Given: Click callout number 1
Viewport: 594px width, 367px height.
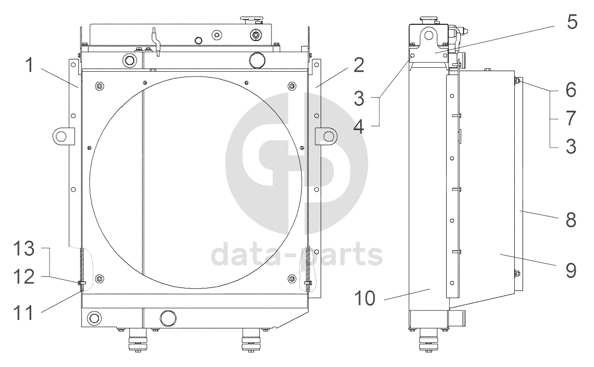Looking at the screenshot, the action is [30, 65].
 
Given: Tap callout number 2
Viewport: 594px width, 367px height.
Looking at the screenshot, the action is [359, 65].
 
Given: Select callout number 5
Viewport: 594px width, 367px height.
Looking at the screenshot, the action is [572, 21].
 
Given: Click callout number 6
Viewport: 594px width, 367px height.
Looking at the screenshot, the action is [571, 90].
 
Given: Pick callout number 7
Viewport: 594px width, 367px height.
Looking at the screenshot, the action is [572, 118].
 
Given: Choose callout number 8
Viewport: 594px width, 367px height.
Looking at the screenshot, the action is [571, 220].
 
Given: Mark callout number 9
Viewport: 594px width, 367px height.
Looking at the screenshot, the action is [571, 270].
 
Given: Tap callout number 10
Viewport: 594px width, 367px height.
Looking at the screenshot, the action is [365, 298].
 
